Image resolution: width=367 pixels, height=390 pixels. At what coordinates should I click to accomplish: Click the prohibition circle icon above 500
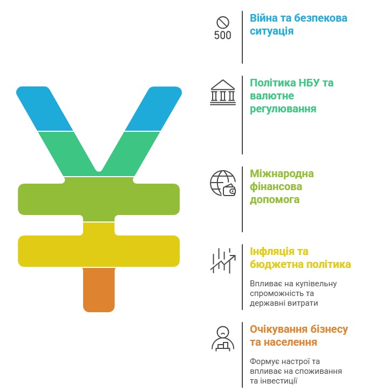[223, 22]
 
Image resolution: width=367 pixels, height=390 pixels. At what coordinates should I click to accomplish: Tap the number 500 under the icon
[223, 35]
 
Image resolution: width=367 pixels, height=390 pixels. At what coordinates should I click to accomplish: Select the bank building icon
[223, 92]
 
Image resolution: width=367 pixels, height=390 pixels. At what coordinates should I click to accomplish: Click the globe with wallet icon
[223, 183]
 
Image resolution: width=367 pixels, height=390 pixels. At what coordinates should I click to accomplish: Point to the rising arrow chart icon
[223, 261]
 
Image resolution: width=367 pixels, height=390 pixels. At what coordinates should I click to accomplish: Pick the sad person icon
[223, 339]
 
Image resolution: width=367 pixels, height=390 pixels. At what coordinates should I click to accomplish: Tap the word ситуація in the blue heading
[271, 31]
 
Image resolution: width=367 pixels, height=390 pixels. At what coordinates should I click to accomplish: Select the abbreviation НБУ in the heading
[309, 83]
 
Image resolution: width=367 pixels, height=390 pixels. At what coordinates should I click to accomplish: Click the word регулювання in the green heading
[283, 109]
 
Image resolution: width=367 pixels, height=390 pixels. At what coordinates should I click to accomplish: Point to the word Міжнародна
[282, 173]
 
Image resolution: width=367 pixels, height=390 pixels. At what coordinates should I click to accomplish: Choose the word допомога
[275, 200]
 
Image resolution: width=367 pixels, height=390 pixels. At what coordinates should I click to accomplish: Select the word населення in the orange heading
[290, 342]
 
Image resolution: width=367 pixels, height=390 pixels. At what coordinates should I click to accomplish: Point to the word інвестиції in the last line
[277, 381]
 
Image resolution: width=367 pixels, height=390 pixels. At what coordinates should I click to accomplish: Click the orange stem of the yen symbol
[99, 290]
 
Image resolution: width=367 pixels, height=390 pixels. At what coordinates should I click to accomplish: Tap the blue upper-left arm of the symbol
[45, 109]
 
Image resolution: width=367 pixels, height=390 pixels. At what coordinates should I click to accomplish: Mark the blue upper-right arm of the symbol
[153, 109]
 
